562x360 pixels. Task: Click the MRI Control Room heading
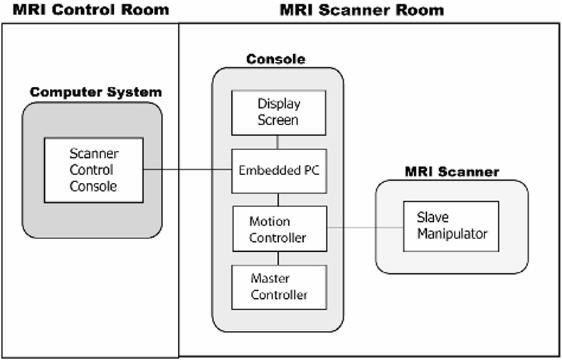point(91,10)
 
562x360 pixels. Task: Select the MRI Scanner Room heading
point(361,10)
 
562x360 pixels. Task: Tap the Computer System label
point(95,92)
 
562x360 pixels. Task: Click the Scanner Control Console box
point(93,170)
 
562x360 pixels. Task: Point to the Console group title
point(276,60)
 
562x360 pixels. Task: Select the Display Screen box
point(277,112)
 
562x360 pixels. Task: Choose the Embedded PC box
point(277,170)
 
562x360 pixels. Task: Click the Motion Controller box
point(277,228)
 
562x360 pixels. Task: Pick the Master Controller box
point(277,287)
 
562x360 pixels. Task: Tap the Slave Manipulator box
point(451,226)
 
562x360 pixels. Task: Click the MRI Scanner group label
point(452,171)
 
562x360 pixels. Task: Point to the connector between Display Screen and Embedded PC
point(277,142)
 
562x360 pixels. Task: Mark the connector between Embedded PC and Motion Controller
point(277,199)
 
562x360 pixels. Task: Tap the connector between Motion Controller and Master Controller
point(277,258)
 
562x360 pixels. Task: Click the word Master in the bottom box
point(270,279)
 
